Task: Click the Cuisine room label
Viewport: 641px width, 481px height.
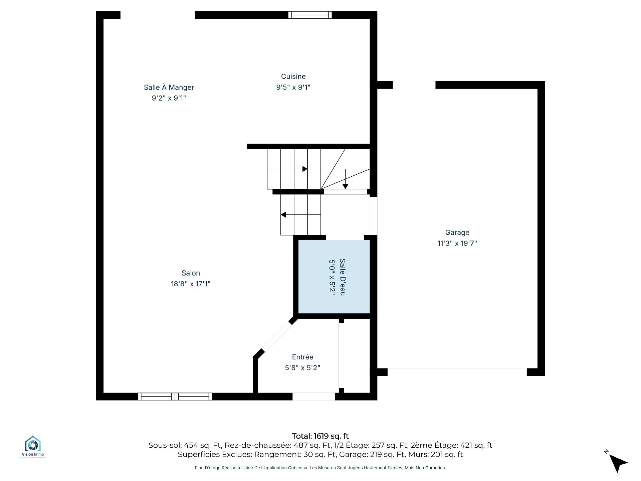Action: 293,76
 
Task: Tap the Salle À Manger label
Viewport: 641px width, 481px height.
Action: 169,87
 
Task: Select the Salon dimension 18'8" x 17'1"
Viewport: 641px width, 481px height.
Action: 191,284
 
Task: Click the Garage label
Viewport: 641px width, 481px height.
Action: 457,232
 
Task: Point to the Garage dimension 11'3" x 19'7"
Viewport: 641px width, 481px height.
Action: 457,243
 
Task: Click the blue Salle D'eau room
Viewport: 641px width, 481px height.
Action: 334,277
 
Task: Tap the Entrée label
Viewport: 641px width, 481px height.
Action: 302,357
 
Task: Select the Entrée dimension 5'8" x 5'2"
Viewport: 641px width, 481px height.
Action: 302,368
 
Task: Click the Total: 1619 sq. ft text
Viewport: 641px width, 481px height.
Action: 320,436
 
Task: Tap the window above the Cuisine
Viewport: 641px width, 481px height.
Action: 310,15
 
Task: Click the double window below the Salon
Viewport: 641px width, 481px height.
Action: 175,396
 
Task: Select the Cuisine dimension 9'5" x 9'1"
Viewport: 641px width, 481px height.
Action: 293,88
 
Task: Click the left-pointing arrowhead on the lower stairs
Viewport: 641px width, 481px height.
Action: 283,214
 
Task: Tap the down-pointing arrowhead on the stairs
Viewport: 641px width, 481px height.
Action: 345,186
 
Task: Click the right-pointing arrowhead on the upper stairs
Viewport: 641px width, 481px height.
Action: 305,169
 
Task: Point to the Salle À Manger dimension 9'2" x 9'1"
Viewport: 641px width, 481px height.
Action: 169,98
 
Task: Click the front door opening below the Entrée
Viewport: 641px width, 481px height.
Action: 314,396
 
